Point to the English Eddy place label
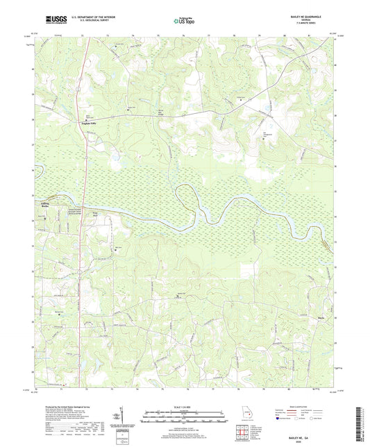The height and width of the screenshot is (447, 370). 82,123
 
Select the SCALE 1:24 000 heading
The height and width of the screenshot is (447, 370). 185,406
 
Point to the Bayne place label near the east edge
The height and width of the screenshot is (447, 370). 303,300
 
